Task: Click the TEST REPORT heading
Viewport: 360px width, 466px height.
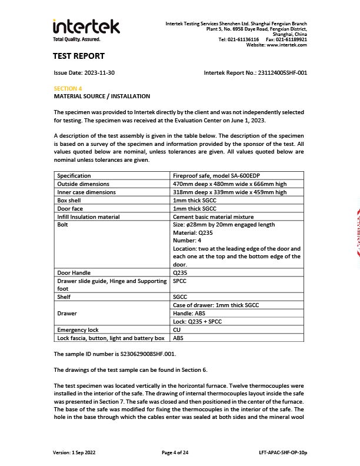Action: [x=79, y=56]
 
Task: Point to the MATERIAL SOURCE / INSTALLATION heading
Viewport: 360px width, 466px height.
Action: [x=102, y=96]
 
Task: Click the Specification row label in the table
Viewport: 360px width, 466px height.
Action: [x=74, y=175]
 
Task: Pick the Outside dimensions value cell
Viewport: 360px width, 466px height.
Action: [x=229, y=184]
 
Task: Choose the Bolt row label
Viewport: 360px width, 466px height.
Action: [x=63, y=225]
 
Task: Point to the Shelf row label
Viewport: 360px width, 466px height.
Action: [x=64, y=297]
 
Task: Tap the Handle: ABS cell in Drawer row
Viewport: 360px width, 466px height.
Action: [x=189, y=314]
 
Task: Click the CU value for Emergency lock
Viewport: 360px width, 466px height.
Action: [x=177, y=330]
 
